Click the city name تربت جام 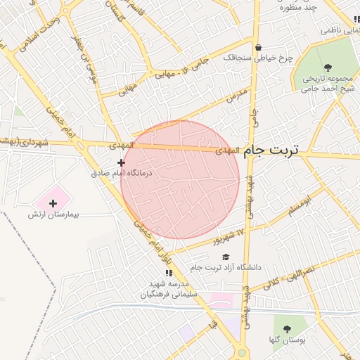271,151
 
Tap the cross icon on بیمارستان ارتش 53,203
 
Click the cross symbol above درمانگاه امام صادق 121,162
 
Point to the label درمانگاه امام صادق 121,172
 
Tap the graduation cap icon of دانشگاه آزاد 226,257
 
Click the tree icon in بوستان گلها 286,329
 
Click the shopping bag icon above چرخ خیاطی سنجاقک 259,49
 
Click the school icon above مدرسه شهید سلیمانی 168,272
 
